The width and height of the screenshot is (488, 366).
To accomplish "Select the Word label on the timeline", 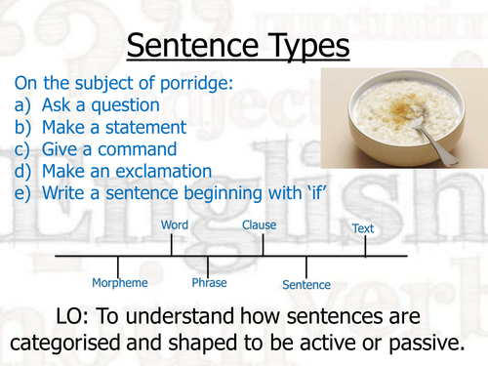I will tap(174, 225).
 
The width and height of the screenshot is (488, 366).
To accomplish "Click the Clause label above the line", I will tap(259, 225).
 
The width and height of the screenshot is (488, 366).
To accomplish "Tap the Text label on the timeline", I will tap(362, 228).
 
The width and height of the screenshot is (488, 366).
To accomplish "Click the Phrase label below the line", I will tap(209, 283).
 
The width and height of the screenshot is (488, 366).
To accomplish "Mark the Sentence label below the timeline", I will tap(305, 285).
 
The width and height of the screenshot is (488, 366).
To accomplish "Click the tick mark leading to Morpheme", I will tap(118, 265).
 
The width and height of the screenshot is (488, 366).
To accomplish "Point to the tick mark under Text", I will tap(365, 246).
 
